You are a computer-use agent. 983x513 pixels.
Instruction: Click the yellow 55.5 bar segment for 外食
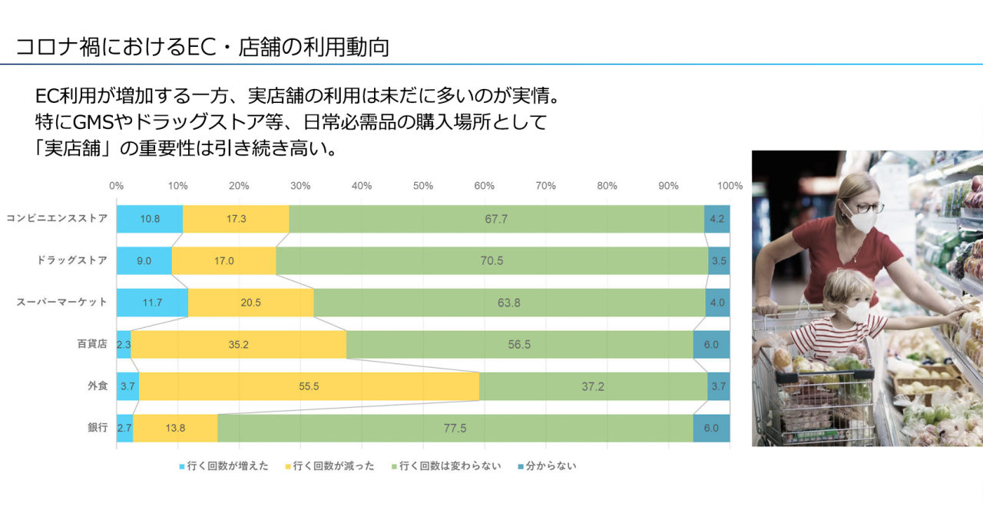pos(309,386)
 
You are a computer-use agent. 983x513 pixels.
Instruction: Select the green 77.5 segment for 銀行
pos(455,428)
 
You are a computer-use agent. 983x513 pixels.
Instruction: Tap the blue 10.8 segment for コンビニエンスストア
pos(150,219)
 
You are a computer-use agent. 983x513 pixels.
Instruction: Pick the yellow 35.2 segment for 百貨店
pos(238,345)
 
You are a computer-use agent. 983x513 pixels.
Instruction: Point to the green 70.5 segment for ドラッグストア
pos(491,260)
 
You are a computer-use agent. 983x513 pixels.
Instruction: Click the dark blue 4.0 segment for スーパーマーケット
pos(717,303)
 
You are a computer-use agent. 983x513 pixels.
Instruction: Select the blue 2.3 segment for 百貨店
pos(124,345)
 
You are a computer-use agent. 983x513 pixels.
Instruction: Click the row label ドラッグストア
pos(72,260)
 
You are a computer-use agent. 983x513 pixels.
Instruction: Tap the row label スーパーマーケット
pos(62,303)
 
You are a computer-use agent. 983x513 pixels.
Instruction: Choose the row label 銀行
pos(98,428)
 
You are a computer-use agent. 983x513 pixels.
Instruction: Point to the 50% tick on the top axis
pos(423,186)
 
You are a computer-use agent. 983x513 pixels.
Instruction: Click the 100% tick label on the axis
pos(730,186)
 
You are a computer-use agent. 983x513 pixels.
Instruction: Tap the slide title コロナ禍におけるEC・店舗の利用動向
pos(203,48)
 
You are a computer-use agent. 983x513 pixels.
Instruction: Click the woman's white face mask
pos(862,220)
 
